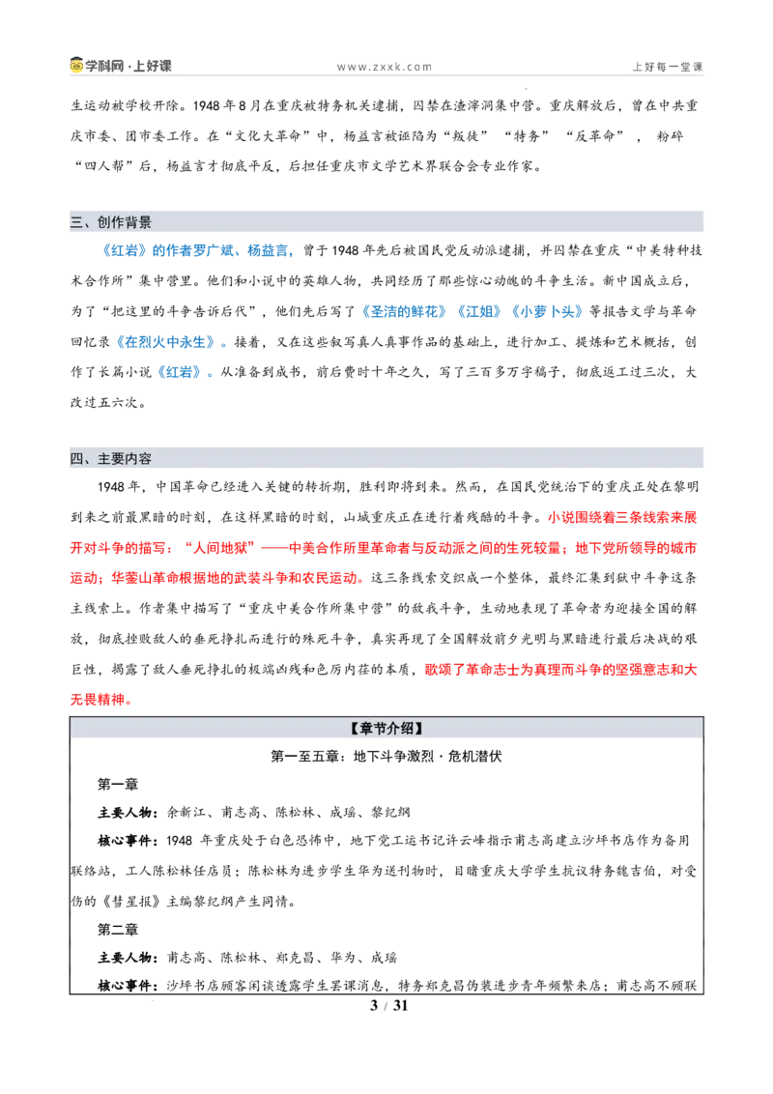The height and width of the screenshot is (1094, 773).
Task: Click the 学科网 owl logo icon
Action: [76, 65]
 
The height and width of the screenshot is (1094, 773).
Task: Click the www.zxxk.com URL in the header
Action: [385, 67]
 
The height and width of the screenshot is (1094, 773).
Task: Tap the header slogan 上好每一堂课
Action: [668, 67]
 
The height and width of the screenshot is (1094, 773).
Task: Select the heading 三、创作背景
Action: [111, 222]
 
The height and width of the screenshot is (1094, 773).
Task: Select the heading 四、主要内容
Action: [111, 458]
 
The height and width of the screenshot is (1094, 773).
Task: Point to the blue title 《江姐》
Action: [479, 311]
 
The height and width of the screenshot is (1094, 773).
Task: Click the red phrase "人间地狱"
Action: [220, 548]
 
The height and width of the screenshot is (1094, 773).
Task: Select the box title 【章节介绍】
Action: [386, 729]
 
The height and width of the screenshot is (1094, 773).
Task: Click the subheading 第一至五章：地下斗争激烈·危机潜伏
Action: [386, 757]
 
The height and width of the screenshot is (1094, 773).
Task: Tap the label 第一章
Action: [118, 784]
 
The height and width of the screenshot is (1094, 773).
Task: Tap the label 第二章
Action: [118, 930]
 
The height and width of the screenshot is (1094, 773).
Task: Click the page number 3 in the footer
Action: [374, 1005]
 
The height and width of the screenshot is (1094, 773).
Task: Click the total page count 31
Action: [400, 1005]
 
